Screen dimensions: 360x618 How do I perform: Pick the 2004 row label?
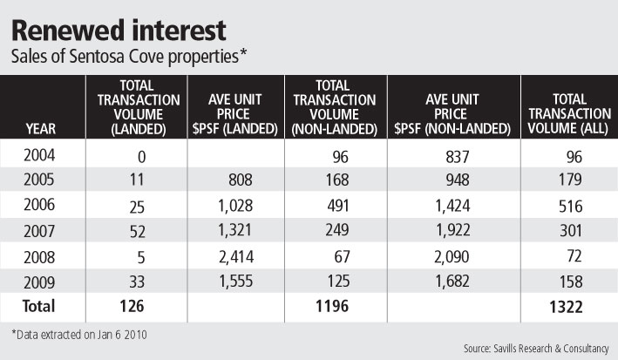[x=42, y=157]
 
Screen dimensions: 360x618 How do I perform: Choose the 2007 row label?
[x=42, y=231]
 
